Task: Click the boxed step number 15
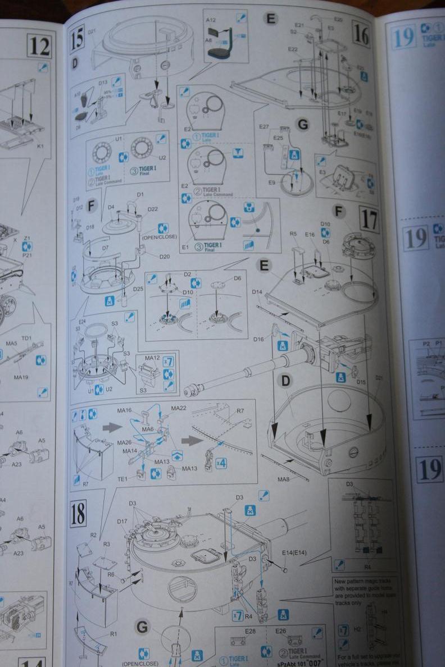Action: point(78,38)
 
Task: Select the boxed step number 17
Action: point(369,218)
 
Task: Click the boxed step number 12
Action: point(39,45)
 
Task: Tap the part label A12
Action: point(211,19)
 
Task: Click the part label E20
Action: point(338,19)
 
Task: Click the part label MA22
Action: point(179,408)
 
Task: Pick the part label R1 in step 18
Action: point(113,633)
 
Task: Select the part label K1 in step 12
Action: point(40,147)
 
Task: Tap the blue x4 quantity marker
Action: point(221,463)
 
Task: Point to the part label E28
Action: point(250,632)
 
